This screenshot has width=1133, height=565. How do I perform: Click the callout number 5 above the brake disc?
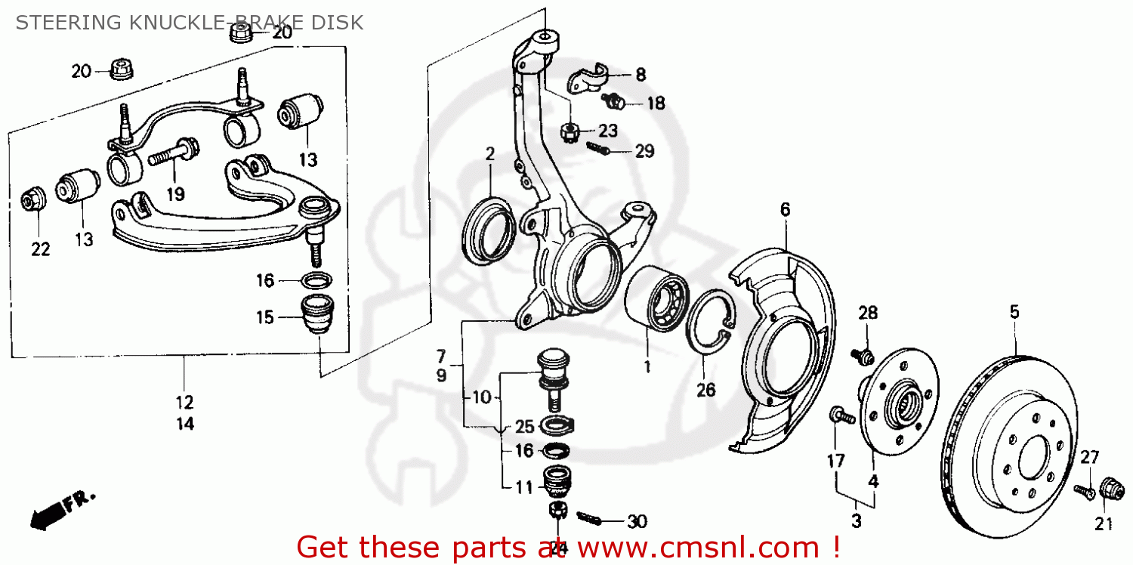[x=1014, y=311]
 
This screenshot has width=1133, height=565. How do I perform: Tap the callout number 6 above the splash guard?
[x=785, y=209]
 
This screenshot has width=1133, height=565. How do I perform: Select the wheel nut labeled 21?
[x=1108, y=489]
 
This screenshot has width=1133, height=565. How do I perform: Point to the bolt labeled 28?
[x=862, y=354]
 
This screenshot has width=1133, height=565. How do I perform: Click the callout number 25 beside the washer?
[x=524, y=425]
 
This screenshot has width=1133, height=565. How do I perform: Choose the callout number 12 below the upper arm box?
[x=185, y=401]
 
